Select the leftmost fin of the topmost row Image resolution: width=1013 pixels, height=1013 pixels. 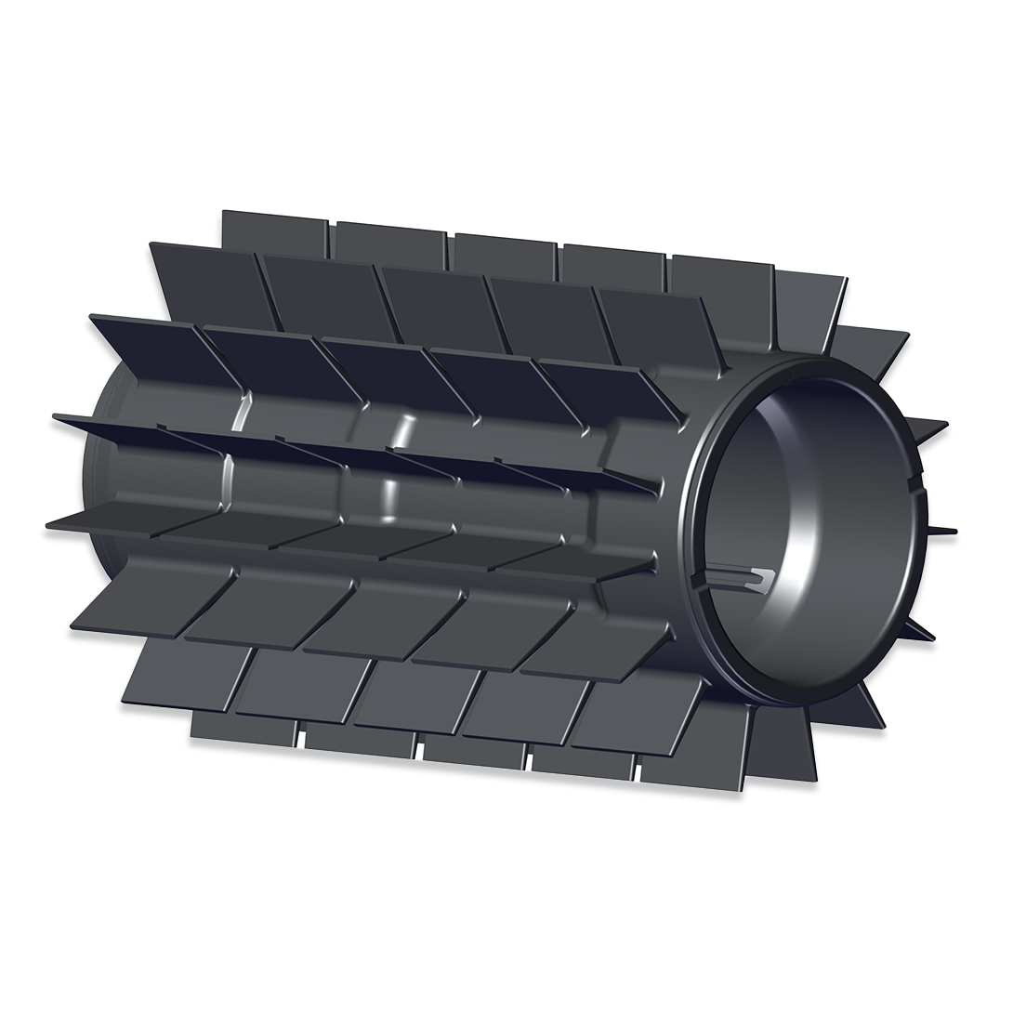274,229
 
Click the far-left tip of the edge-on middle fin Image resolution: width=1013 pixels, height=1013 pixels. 50,419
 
